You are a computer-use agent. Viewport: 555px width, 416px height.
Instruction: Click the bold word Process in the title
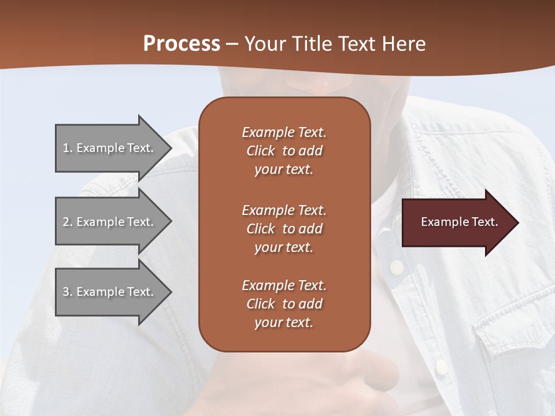(x=182, y=44)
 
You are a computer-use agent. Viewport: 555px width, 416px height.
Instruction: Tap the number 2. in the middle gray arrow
(x=68, y=222)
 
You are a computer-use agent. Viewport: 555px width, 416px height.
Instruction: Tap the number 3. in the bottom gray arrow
(x=68, y=292)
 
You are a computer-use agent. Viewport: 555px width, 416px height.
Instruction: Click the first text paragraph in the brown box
(x=284, y=151)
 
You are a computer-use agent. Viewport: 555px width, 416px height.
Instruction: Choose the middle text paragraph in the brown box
(x=284, y=228)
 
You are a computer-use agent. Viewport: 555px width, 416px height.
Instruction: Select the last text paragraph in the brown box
(x=284, y=304)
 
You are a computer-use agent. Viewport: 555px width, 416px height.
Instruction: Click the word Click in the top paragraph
(x=261, y=151)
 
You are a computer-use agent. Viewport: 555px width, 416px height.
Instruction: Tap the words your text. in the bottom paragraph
(x=284, y=322)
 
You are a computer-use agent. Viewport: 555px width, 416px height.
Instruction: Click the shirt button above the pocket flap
(x=396, y=267)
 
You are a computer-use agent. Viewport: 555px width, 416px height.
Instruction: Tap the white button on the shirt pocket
(x=441, y=367)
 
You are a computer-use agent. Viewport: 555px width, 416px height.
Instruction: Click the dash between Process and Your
(x=232, y=44)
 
